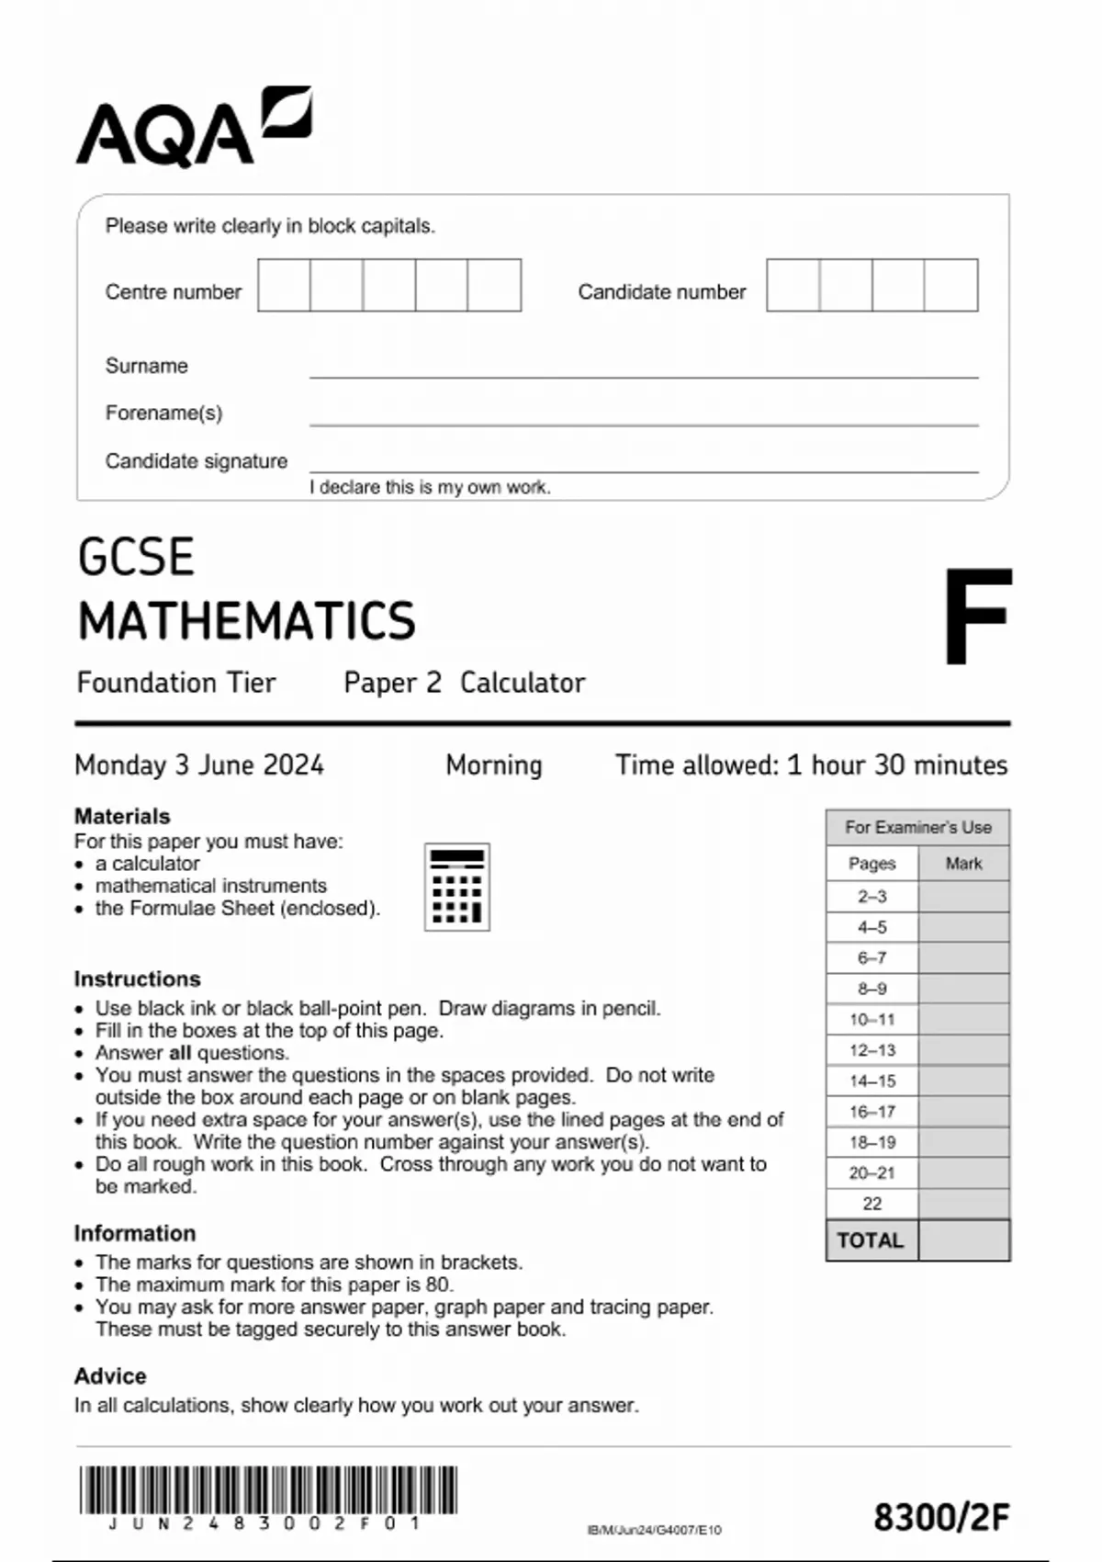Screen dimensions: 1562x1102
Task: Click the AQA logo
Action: tap(193, 129)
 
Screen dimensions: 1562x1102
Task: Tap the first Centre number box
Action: tap(284, 286)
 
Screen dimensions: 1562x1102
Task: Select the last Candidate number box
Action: tap(950, 286)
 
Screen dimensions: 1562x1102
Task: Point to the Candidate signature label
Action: tap(196, 461)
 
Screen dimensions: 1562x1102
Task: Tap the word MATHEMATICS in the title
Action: tap(246, 621)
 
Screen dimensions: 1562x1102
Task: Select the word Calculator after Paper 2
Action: tap(522, 683)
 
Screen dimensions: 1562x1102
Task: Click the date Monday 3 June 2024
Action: tap(199, 765)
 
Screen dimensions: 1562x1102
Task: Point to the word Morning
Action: tap(494, 765)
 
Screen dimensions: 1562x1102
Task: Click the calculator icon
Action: tap(456, 887)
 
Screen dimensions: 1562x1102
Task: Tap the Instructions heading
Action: tap(137, 979)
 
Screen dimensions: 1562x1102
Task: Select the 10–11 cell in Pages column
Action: tap(871, 1020)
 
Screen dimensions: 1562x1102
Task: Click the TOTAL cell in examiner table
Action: tap(871, 1240)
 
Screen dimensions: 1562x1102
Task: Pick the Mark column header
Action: tap(963, 864)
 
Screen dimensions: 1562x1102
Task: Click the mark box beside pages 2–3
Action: tap(963, 897)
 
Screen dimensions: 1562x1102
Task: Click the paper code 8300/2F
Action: tap(940, 1518)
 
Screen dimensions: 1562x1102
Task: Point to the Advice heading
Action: tap(110, 1376)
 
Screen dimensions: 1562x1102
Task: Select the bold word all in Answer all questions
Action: tap(180, 1053)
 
